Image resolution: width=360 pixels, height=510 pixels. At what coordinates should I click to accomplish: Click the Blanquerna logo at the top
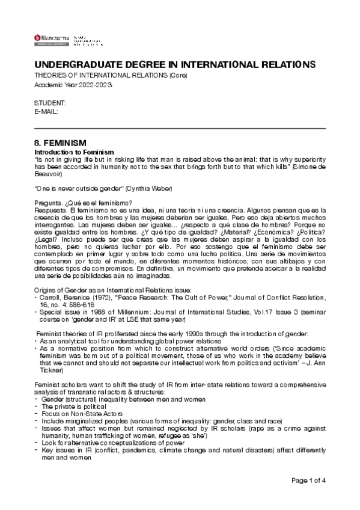52,39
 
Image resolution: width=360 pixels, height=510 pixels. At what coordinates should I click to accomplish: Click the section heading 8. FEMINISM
61,144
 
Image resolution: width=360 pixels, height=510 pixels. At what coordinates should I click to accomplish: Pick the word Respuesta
50,209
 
